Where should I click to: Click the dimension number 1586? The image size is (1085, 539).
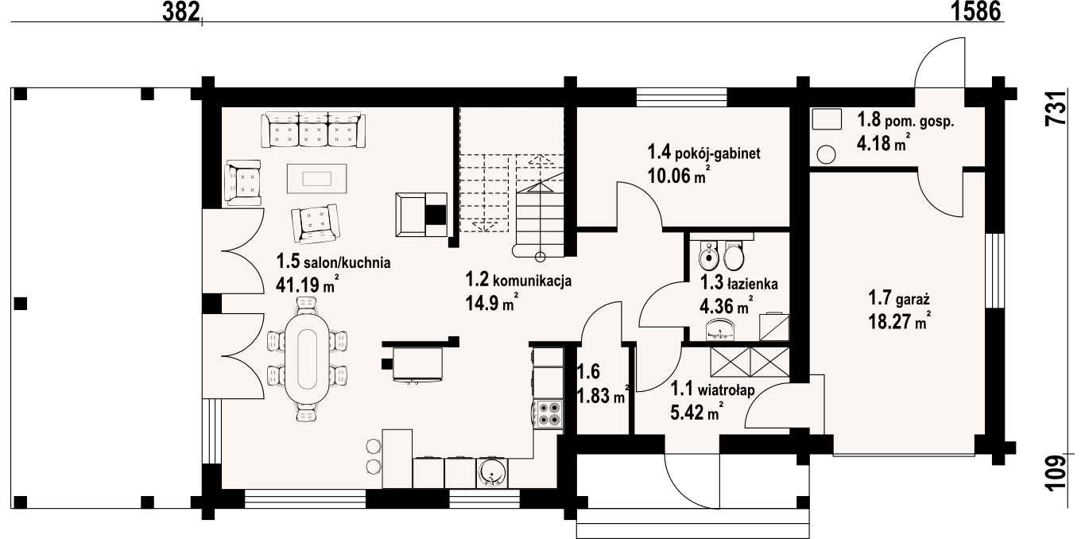[x=976, y=12]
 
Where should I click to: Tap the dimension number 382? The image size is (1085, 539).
[x=181, y=12]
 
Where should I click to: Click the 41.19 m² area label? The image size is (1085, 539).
[x=307, y=285]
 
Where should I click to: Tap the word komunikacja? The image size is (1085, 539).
[x=532, y=281]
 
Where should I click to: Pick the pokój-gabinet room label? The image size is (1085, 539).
[x=703, y=153]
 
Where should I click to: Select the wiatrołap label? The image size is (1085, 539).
[x=726, y=390]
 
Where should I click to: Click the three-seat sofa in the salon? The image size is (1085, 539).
[x=313, y=130]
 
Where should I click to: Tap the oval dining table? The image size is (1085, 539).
[x=307, y=359]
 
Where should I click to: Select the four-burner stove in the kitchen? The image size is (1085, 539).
[x=548, y=414]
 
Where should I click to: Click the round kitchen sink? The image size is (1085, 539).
[x=492, y=473]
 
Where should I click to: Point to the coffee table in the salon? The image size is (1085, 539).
[x=317, y=179]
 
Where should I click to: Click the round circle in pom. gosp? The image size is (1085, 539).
[x=826, y=154]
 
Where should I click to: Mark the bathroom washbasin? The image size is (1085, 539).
[x=721, y=329]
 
